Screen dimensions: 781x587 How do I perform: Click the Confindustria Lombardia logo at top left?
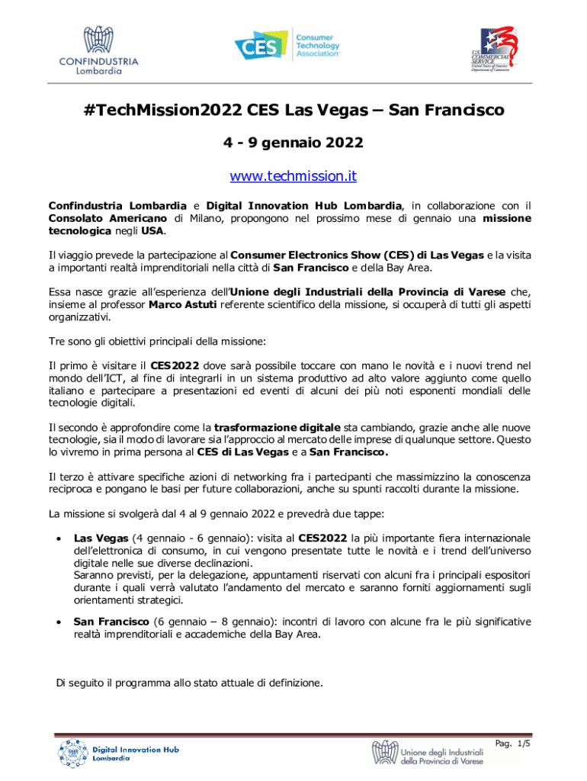(x=99, y=51)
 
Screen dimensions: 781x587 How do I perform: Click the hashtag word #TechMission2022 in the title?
(x=163, y=111)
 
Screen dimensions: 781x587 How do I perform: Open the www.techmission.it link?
(x=293, y=177)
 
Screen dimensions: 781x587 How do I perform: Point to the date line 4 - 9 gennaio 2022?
(x=293, y=143)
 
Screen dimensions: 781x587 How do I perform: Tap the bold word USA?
(x=152, y=231)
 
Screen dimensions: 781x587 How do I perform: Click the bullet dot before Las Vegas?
(x=58, y=537)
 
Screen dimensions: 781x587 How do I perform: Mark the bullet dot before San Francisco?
(x=58, y=622)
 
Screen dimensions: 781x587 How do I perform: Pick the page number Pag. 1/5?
(x=512, y=743)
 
